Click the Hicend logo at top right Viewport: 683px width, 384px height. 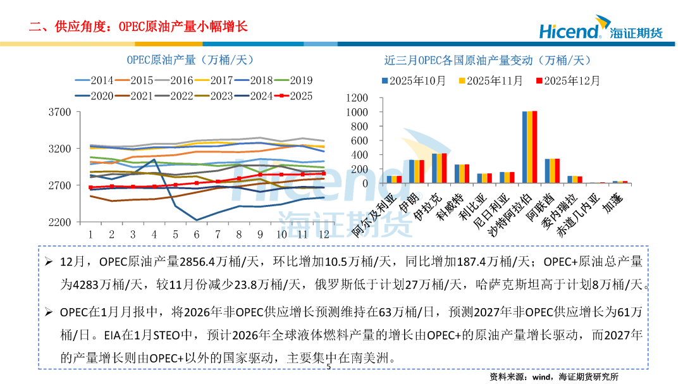600,30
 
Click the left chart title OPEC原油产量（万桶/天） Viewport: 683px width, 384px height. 190,61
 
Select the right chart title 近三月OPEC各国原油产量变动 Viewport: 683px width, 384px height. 487,61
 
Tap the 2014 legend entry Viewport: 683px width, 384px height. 94,80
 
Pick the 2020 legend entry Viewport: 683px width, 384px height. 94,96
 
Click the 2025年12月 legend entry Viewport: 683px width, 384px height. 567,81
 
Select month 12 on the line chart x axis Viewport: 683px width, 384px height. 323,234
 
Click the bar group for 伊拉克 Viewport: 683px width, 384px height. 440,168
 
